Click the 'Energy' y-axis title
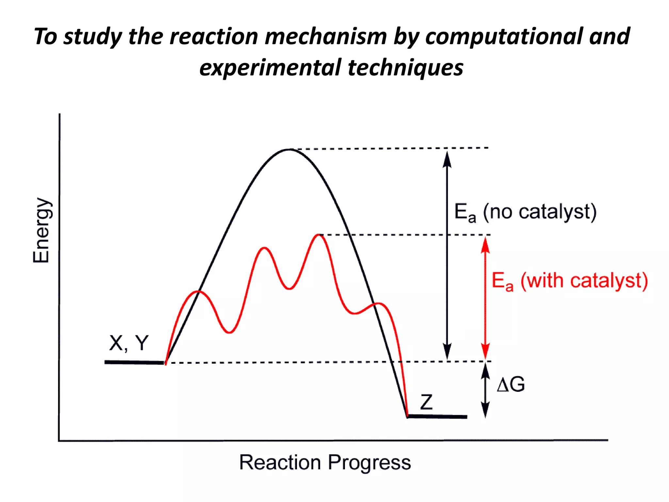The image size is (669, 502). point(41,230)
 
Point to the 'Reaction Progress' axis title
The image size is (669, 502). point(325,463)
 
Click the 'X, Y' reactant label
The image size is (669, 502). point(129,343)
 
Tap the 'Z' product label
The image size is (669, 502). point(426,402)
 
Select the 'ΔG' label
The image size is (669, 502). point(511,384)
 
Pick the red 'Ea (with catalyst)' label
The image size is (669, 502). point(570,281)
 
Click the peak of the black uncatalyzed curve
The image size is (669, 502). point(289,149)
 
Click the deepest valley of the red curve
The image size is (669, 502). point(229,332)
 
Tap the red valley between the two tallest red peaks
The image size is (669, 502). point(289,289)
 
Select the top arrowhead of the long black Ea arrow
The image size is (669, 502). point(447,158)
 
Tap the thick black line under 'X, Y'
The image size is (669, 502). point(134,362)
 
